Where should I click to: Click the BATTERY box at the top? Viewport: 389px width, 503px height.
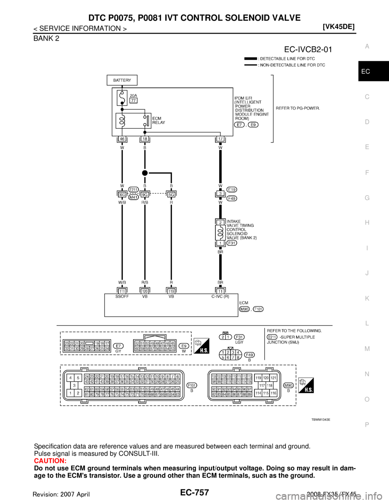pos(122,80)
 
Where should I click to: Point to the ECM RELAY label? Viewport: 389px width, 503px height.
pos(158,120)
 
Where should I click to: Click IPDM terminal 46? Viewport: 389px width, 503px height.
pos(122,139)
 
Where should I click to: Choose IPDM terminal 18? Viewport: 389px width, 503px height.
pos(145,139)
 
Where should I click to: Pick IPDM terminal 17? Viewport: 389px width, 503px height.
pos(220,139)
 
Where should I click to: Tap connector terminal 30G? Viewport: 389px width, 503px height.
pos(122,194)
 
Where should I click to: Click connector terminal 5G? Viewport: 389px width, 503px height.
pos(171,194)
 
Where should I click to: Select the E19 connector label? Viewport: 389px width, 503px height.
pos(232,189)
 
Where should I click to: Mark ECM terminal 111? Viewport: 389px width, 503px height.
pos(122,291)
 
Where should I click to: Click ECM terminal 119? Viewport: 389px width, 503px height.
pos(171,291)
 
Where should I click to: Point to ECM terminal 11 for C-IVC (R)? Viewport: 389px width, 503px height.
pos(220,291)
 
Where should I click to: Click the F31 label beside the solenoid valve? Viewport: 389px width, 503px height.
pos(232,243)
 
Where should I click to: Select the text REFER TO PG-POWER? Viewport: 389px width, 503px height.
pos(298,108)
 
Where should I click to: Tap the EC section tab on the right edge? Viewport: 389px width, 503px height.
pos(366,72)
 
